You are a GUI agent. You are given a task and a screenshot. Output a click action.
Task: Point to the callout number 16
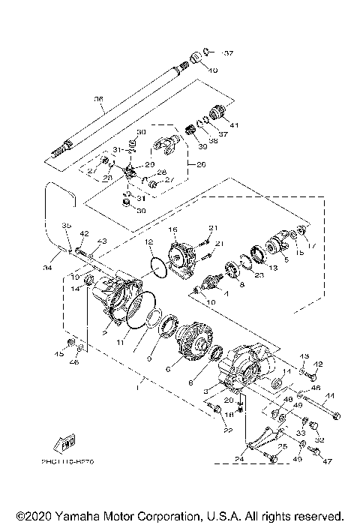pyautogui.click(x=172, y=229)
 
